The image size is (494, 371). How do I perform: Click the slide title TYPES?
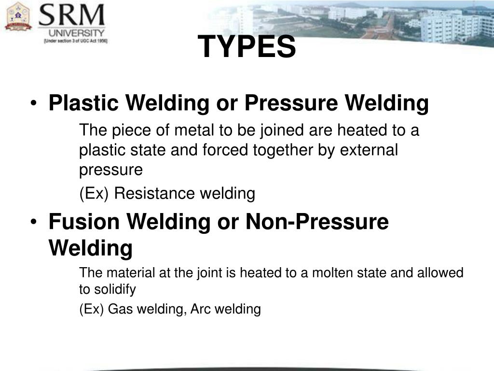247,47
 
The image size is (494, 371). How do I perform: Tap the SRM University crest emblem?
18,16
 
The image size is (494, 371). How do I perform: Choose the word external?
369,150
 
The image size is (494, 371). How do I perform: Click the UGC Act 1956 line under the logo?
76,42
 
